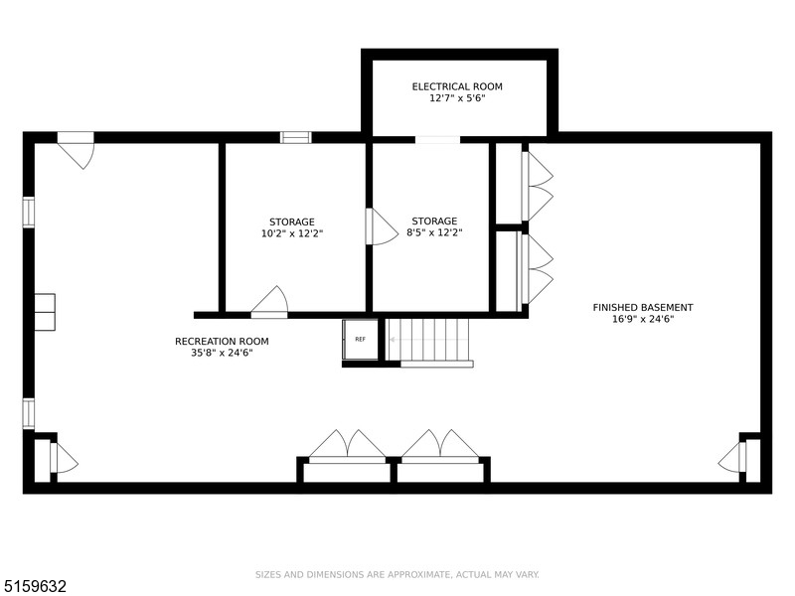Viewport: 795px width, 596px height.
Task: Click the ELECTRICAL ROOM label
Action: click(x=457, y=86)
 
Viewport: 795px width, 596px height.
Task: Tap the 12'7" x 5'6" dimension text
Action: click(x=457, y=98)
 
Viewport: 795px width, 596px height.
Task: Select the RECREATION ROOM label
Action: click(x=222, y=341)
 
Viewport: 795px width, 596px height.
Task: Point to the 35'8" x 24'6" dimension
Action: click(x=222, y=353)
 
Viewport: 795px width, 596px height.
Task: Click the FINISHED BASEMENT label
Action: click(x=643, y=307)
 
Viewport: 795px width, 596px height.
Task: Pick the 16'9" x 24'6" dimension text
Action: click(x=643, y=319)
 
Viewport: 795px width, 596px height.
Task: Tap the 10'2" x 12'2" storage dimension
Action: click(x=291, y=233)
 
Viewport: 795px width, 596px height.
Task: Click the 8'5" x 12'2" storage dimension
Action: click(x=434, y=233)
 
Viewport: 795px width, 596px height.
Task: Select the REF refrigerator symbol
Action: click(x=360, y=339)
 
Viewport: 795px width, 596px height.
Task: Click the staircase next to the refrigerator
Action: click(x=428, y=340)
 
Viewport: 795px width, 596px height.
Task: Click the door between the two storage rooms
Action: click(x=380, y=226)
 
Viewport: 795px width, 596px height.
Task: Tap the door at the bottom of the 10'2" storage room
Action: click(x=269, y=303)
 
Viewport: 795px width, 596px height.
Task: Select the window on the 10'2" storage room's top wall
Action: click(x=295, y=138)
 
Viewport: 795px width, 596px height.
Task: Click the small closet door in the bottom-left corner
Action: click(x=62, y=459)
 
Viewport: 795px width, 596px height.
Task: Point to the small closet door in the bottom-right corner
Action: click(x=732, y=458)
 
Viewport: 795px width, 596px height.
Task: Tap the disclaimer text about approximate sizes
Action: click(x=397, y=574)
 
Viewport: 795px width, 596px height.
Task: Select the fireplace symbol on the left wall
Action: click(x=46, y=311)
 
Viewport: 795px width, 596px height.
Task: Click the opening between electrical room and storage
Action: click(x=437, y=140)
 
